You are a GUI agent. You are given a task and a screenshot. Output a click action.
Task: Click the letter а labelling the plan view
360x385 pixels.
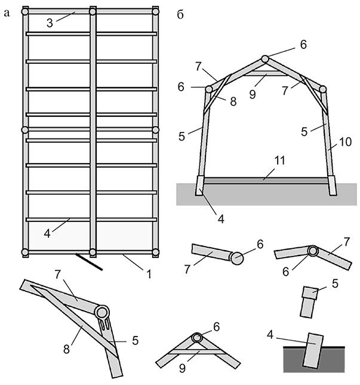(x=7, y=13)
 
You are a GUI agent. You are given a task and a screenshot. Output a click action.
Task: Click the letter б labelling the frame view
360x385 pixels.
(x=181, y=14)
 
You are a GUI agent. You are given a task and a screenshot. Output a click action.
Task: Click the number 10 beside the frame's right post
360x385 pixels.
(x=346, y=141)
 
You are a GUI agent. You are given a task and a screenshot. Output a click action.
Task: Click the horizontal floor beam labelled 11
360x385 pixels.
(x=266, y=179)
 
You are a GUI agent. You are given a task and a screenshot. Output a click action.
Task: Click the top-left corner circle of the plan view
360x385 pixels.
(x=25, y=11)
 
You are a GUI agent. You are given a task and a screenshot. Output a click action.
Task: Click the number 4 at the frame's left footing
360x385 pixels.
(x=221, y=218)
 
